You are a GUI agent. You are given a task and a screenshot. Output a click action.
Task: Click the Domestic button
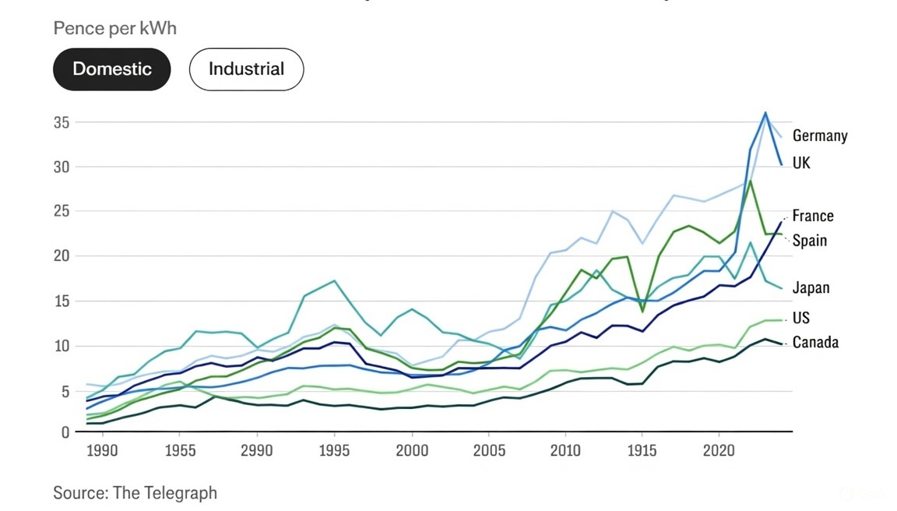[112, 69]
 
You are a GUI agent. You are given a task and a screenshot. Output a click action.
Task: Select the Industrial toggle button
[246, 69]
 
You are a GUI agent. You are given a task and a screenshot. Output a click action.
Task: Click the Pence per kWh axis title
[114, 28]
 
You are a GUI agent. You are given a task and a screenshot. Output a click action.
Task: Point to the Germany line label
[819, 136]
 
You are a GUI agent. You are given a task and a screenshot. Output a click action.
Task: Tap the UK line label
[801, 164]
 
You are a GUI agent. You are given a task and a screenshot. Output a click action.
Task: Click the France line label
[812, 216]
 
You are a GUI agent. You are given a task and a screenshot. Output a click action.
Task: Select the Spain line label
[809, 240]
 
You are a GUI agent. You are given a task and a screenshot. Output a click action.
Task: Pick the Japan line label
[811, 287]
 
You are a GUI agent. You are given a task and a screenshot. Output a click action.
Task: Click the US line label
[800, 318]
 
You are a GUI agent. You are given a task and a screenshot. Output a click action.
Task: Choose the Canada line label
[815, 342]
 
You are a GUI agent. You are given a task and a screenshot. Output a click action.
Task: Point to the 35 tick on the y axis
[62, 122]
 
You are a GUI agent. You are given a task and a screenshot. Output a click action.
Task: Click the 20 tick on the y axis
[62, 255]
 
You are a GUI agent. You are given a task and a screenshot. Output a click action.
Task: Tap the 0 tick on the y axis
[65, 432]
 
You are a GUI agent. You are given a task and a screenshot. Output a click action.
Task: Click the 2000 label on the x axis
[412, 450]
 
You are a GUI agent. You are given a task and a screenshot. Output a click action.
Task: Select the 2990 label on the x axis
[256, 450]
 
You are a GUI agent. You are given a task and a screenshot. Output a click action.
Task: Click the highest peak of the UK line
[765, 112]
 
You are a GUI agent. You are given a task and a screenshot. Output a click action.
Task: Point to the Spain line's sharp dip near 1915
[642, 312]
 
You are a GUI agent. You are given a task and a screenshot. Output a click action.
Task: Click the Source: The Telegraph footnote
[135, 492]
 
